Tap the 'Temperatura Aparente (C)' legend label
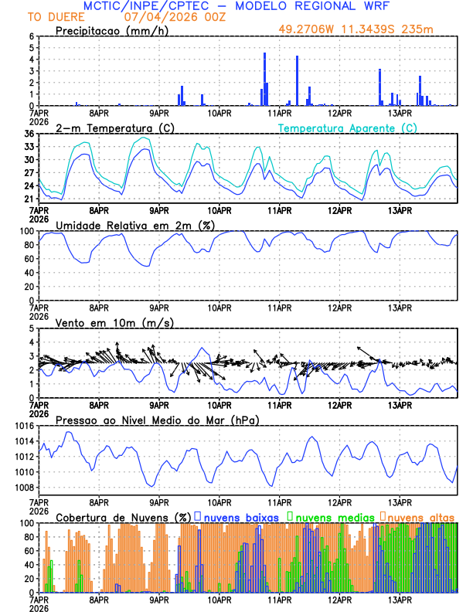coord(348,127)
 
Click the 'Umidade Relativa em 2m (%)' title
coord(134,225)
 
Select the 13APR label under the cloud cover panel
coord(400,599)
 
